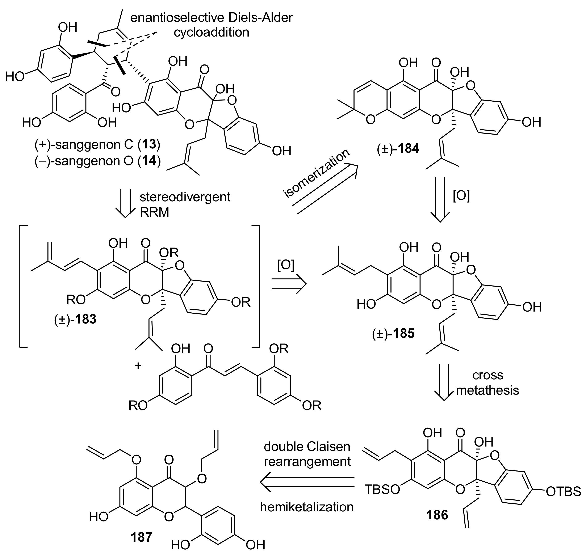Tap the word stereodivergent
(x=185, y=197)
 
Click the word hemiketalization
(x=306, y=507)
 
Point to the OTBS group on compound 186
(x=563, y=491)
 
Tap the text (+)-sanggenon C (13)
(x=97, y=145)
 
